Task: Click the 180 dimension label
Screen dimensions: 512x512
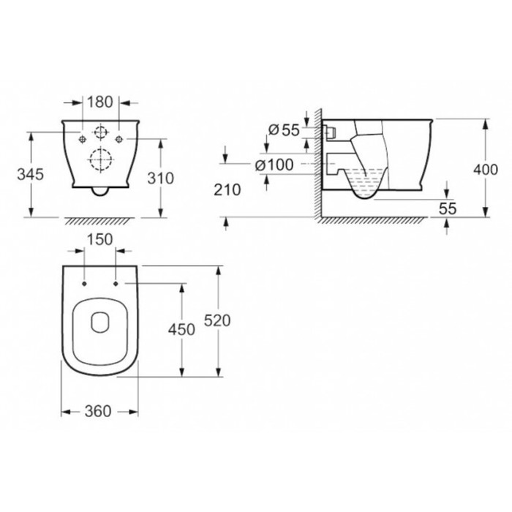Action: click(x=100, y=102)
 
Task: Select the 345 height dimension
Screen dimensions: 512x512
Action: click(x=31, y=174)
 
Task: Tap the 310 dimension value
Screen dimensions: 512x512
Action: click(x=161, y=178)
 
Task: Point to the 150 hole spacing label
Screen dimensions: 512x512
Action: click(x=100, y=239)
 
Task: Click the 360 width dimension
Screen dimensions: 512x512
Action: click(x=98, y=411)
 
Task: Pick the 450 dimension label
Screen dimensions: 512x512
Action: click(x=181, y=329)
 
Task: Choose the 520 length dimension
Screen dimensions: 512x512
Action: click(x=217, y=320)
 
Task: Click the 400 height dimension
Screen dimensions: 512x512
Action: click(x=486, y=170)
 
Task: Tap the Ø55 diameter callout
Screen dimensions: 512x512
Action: click(x=284, y=130)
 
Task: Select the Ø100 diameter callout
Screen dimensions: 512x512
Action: click(x=274, y=165)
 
